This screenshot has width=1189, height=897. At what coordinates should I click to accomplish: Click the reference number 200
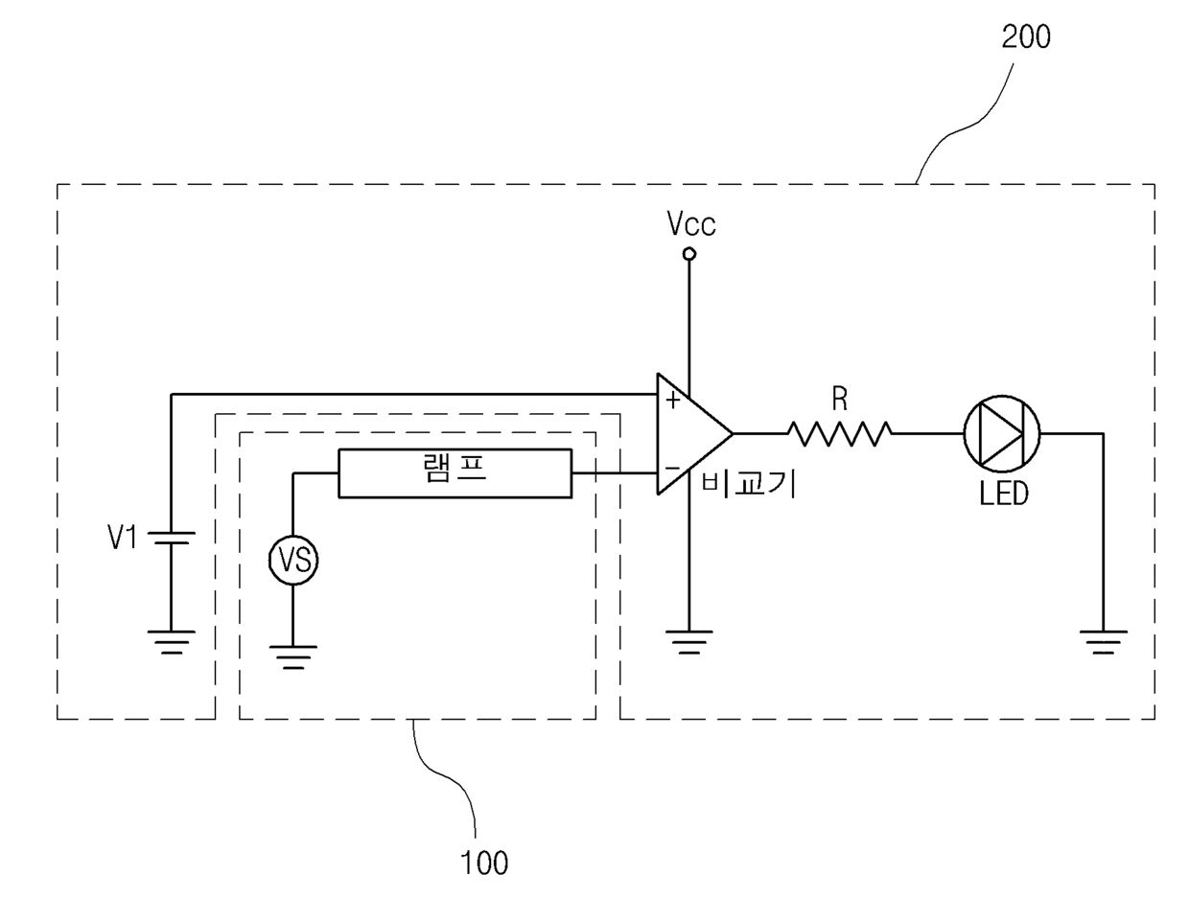(1025, 36)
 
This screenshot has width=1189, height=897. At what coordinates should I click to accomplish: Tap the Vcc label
(691, 225)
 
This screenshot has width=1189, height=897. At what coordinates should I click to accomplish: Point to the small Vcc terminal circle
(688, 254)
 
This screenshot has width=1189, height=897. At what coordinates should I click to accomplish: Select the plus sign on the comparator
(673, 399)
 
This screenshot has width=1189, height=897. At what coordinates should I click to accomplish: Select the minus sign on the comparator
(673, 470)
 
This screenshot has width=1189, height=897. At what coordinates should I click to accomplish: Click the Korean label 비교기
(748, 482)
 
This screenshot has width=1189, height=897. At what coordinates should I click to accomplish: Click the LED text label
(1003, 494)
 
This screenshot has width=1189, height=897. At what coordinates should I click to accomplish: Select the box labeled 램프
(455, 473)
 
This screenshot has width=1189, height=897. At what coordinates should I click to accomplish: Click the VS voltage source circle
(293, 561)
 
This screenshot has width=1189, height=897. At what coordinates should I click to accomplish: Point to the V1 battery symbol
(171, 539)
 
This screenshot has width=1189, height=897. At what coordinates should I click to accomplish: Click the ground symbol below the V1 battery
(171, 641)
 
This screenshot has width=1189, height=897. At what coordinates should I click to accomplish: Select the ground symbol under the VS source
(293, 655)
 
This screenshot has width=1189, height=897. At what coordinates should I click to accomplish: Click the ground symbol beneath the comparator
(688, 641)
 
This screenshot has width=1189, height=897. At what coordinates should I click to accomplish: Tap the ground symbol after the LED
(1103, 641)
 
